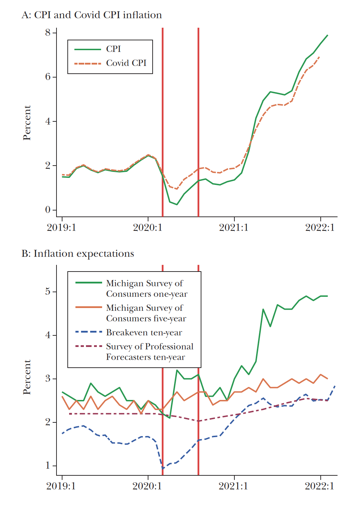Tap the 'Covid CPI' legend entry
pos(126,63)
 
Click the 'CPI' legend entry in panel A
pos(113,49)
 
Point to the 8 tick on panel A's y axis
pos(48,33)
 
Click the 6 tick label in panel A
pos(48,77)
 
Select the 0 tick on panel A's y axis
pos(48,210)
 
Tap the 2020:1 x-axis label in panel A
pos(148,228)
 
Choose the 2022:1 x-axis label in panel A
pos(320,228)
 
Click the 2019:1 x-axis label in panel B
pos(61,486)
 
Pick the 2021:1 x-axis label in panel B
pos(233,486)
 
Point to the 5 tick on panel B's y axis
pos(48,292)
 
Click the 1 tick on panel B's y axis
pos(48,466)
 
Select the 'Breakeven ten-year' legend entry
pos(144,333)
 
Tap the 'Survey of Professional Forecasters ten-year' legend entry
pos(149,352)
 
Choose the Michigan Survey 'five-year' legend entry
pos(146,313)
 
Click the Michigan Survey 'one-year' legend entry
pos(147,289)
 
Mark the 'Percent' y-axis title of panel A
pos(27,123)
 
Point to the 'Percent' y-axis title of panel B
pos(27,377)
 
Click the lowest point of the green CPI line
pos(177,205)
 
